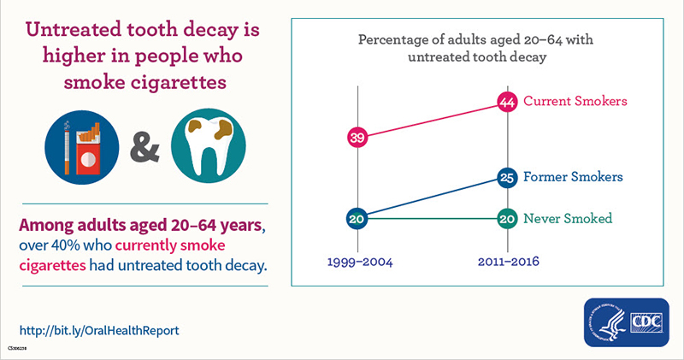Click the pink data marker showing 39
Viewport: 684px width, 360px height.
coord(357,138)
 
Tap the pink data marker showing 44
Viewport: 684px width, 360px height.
coord(508,102)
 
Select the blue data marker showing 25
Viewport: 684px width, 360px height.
coord(508,178)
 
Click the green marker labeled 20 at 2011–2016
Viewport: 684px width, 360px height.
coord(508,219)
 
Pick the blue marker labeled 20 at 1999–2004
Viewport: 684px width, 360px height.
coord(357,219)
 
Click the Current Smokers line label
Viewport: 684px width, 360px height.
coord(575,101)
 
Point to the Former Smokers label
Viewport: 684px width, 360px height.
coord(573,177)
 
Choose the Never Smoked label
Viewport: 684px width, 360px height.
coord(568,218)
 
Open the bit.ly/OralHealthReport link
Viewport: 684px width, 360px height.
coord(99,329)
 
